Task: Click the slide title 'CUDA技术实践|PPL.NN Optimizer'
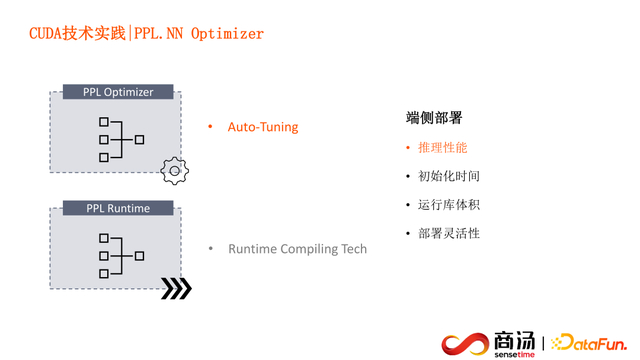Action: [146, 34]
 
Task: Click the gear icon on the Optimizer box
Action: [175, 170]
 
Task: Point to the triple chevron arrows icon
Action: [177, 289]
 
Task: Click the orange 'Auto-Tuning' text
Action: [263, 127]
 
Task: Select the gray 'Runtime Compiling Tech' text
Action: [297, 248]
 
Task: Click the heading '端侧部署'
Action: [434, 118]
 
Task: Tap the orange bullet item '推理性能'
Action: [442, 147]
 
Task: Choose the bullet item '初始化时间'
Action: [449, 176]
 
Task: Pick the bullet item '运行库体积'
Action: [449, 205]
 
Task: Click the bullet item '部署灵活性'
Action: [449, 233]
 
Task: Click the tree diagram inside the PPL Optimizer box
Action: [121, 140]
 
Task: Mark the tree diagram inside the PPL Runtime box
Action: [121, 256]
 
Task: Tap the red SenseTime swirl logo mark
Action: [463, 343]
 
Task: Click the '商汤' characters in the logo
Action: [514, 339]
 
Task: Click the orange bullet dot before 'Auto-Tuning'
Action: [210, 127]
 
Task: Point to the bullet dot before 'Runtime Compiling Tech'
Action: [210, 248]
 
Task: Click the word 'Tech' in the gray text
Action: [353, 248]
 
